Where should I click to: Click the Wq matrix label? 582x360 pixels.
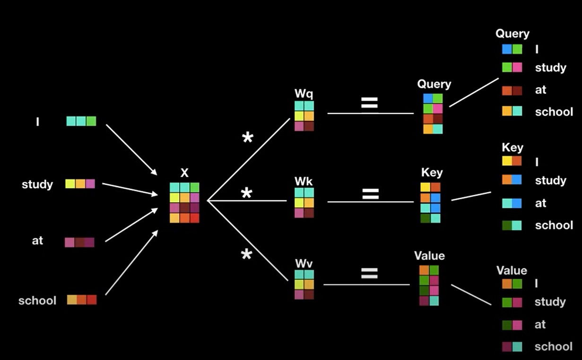click(304, 93)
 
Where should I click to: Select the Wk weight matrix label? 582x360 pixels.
click(304, 181)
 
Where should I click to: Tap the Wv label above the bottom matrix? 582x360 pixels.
click(304, 263)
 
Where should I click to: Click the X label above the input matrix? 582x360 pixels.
click(184, 173)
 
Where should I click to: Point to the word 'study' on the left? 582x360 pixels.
click(37, 184)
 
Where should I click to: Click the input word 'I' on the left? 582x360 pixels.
click(37, 122)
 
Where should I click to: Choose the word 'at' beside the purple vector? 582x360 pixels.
click(37, 240)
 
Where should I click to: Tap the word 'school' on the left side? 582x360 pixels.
click(37, 300)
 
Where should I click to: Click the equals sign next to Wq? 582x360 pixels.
click(369, 103)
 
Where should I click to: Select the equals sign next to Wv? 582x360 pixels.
click(369, 273)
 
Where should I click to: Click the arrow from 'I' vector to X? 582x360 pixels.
click(131, 149)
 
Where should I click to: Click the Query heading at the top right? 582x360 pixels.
click(512, 34)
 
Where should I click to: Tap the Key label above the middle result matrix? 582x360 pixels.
click(432, 172)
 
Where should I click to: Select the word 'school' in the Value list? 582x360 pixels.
click(553, 346)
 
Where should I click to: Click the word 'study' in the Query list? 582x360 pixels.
click(550, 68)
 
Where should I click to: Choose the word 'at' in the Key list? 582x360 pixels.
click(540, 203)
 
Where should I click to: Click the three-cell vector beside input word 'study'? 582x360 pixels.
click(80, 184)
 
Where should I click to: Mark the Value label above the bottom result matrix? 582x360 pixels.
click(429, 256)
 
